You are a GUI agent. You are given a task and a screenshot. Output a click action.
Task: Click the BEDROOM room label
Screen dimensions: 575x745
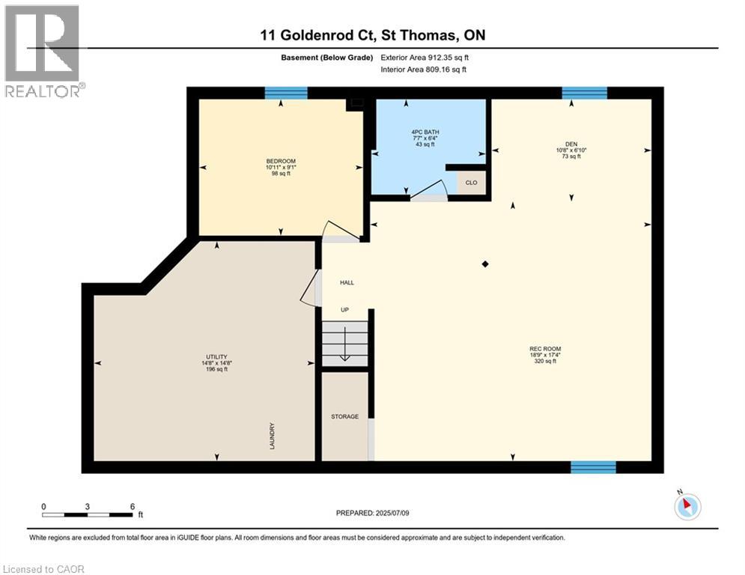[x=281, y=161]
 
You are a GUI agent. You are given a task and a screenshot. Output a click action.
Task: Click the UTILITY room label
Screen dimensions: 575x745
[x=216, y=356]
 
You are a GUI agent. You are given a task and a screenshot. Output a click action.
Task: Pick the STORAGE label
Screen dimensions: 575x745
[x=345, y=416]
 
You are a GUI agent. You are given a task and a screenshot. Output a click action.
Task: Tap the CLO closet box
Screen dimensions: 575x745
[x=471, y=183]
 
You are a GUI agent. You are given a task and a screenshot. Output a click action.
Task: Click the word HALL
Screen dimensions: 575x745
[x=347, y=283]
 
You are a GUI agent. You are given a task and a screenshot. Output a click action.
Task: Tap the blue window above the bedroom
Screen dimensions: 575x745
[x=286, y=93]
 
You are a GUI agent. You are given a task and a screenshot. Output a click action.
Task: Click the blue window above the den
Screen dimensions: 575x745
[x=584, y=93]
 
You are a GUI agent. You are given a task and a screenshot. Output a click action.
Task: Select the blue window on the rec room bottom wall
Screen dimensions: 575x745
[x=593, y=467]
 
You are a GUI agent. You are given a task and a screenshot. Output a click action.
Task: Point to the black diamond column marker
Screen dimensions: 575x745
[x=485, y=264]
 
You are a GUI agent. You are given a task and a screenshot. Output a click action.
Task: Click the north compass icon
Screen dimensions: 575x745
[x=687, y=506]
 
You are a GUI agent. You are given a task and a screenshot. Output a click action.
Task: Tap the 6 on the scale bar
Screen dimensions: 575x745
[x=133, y=507]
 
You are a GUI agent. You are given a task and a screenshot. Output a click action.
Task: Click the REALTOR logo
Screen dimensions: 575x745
[x=43, y=51]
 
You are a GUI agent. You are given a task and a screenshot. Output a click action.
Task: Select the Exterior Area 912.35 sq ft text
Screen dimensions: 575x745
[x=425, y=57]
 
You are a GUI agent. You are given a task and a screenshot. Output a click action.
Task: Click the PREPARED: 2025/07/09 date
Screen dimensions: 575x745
[x=371, y=513]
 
